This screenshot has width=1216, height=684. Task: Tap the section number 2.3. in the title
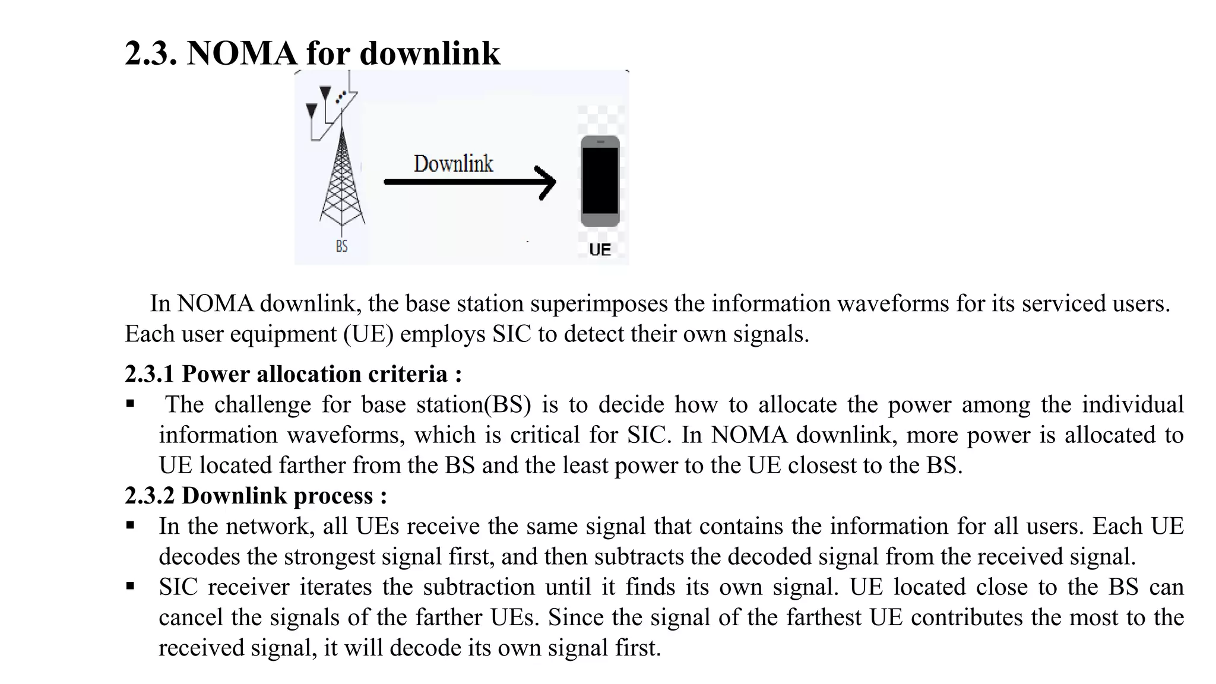click(x=151, y=53)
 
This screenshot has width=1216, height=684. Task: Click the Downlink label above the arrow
click(x=453, y=164)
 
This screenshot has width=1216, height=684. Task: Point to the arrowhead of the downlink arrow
click(x=547, y=182)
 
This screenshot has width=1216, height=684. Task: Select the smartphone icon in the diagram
click(x=600, y=181)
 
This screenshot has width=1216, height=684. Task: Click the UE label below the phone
click(x=600, y=250)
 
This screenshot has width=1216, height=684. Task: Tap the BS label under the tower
click(x=341, y=246)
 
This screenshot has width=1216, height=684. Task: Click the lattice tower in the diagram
click(x=342, y=178)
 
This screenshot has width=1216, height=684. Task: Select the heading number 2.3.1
click(x=150, y=374)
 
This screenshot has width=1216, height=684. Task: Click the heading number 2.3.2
click(x=150, y=496)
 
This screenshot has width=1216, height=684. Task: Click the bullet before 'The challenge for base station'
click(x=130, y=404)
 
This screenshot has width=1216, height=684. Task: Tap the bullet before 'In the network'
click(x=130, y=526)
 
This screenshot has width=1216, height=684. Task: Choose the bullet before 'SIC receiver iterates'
click(x=130, y=587)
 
